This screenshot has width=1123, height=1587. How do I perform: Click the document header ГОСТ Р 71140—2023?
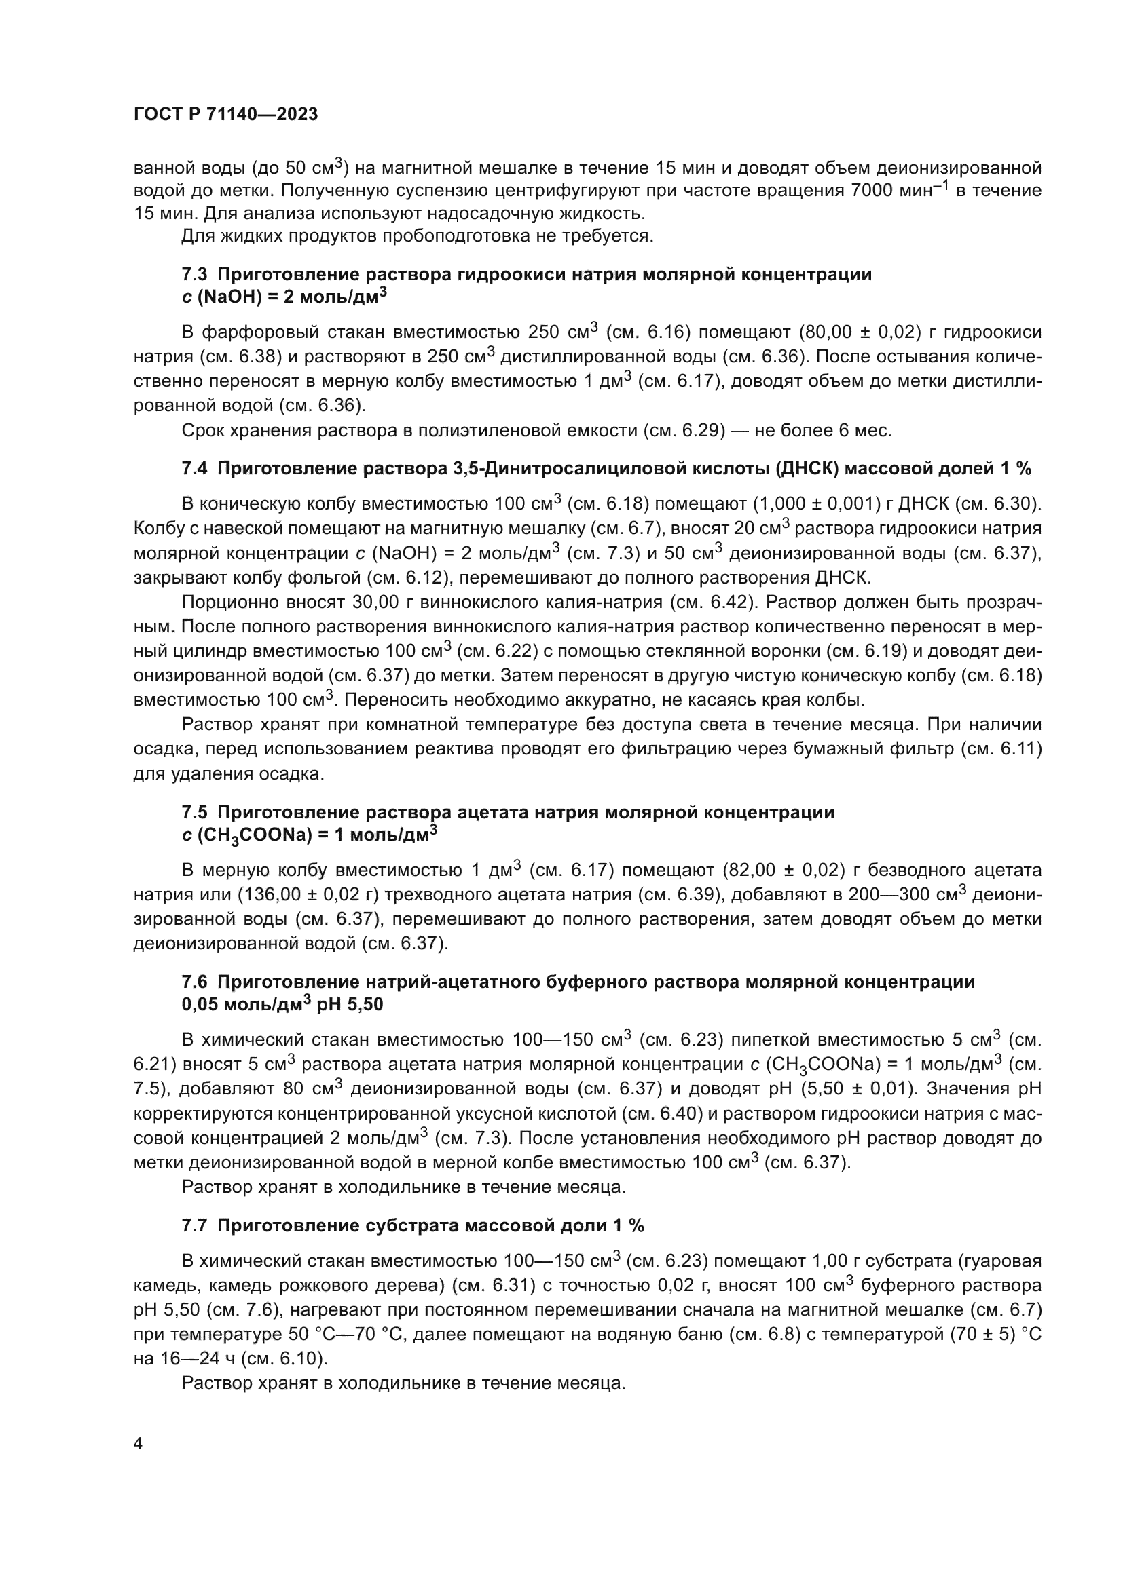225,115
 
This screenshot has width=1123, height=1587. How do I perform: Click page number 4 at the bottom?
138,1445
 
